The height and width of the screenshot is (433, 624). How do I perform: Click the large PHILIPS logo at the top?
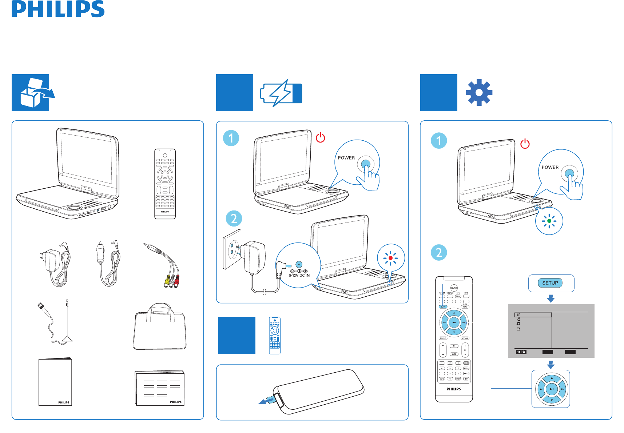pos(58,9)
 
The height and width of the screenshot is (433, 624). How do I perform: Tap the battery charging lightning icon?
pos(281,93)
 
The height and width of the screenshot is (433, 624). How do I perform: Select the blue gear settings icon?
pos(479,93)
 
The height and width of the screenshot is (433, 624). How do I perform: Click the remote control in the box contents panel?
pos(165,184)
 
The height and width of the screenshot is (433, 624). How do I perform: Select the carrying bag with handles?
pos(160,327)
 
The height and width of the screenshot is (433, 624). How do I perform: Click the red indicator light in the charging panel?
pos(390,258)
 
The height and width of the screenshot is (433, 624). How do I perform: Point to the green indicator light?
pos(549,221)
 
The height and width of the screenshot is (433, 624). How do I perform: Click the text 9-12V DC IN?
pos(299,276)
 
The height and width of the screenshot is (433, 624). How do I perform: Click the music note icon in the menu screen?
pos(518,324)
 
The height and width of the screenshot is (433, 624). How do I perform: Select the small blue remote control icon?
pos(275,335)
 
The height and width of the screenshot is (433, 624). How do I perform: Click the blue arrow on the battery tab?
pos(266,400)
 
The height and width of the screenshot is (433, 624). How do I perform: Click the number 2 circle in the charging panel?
pos(234,218)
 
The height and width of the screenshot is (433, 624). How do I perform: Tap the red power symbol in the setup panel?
pos(525,144)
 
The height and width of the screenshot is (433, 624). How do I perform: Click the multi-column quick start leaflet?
pos(160,388)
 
